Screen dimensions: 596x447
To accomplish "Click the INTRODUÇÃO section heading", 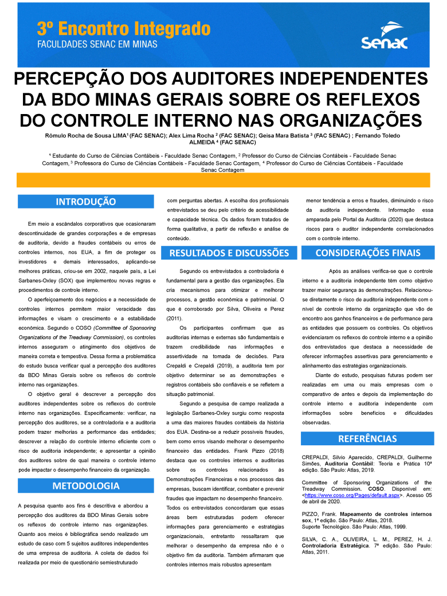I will point(86,202).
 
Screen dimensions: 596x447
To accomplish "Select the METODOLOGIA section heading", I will point(86,486).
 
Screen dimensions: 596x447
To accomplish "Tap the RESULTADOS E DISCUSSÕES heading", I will point(229,253).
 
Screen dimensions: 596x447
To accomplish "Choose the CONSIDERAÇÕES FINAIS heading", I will point(368,253).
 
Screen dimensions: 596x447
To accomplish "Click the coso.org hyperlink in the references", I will point(352,494).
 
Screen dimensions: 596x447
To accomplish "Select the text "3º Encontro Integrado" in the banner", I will point(124,28).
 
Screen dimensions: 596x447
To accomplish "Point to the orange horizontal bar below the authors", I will point(223,180).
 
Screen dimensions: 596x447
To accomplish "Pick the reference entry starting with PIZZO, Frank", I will point(367,520).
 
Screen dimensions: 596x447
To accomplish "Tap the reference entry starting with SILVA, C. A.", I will point(367,546).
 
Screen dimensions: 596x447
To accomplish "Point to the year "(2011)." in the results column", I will point(174,318).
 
